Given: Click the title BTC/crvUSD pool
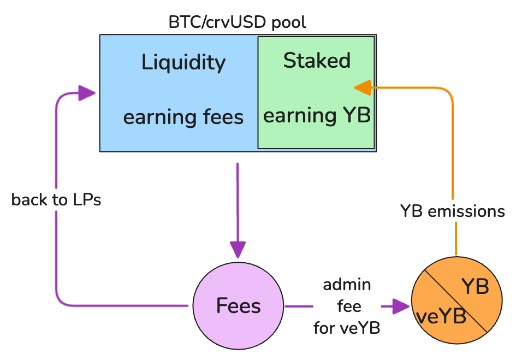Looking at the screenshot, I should (238, 22).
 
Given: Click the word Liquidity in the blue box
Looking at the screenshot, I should (183, 62).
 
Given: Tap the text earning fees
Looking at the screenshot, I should (183, 117).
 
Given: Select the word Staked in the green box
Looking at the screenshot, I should (317, 61).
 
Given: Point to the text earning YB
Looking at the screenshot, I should (317, 116).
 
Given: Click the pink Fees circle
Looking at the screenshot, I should (238, 306).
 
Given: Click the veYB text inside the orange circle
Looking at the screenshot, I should (441, 317).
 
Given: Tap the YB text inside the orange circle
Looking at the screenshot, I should (475, 287).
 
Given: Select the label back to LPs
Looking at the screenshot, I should (56, 200).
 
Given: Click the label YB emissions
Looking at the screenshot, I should (453, 211).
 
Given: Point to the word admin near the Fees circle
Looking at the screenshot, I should (347, 285).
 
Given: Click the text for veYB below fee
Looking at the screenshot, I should (347, 328).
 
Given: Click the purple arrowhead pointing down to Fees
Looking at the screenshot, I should (238, 249).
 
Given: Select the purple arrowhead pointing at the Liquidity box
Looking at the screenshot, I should (87, 93).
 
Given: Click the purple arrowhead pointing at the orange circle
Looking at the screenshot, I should (401, 306).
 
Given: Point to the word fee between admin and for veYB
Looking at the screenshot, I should (349, 306).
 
